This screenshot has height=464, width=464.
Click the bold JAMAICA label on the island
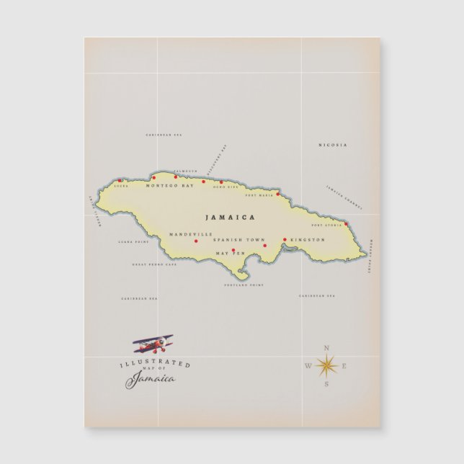tap(230, 217)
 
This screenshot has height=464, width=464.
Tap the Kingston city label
tap(308, 239)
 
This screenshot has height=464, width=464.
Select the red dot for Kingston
tap(285, 239)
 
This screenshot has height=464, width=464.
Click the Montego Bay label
tap(170, 186)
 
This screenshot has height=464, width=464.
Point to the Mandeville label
tap(191, 234)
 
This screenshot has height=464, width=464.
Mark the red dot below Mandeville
tap(196, 241)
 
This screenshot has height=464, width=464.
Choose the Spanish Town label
tap(239, 239)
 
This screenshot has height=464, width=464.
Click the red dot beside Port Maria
tap(277, 193)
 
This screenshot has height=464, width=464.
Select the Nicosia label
tap(333, 145)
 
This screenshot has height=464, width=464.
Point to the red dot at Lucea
tap(120, 181)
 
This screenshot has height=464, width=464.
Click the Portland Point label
tap(244, 285)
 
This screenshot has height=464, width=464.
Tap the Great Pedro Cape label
tap(154, 264)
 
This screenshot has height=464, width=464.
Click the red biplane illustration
tap(153, 342)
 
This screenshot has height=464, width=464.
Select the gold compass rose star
tap(326, 367)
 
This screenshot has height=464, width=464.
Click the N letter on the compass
tap(326, 349)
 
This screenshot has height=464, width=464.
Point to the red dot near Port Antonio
tap(346, 224)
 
